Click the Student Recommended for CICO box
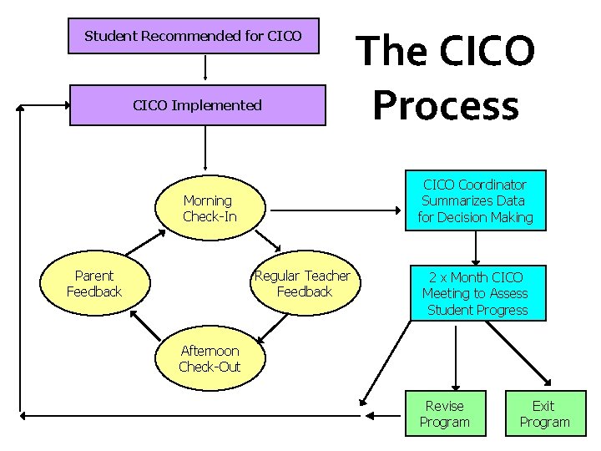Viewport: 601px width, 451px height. (x=193, y=37)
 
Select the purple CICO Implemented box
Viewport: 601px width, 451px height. (x=198, y=105)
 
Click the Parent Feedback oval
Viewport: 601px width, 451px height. (x=94, y=284)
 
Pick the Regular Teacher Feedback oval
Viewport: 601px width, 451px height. (x=304, y=284)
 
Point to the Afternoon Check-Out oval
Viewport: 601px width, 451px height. (x=210, y=359)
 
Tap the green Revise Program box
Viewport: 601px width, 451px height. (x=444, y=413)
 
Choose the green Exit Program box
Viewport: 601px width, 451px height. (x=544, y=413)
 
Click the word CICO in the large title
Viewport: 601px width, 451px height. (x=486, y=50)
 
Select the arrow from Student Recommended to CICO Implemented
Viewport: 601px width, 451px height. (x=205, y=68)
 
